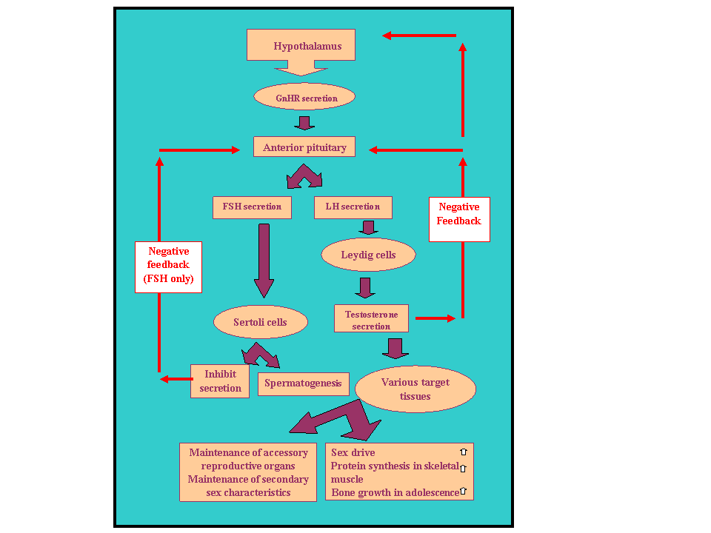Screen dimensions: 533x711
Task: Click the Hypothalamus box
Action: [301, 46]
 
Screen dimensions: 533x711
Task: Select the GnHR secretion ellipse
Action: [304, 98]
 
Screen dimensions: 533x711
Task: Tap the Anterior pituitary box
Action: [304, 147]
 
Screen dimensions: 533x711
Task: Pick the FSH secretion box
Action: [252, 207]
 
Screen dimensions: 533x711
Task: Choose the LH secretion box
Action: [353, 207]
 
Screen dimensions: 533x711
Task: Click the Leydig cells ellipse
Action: [368, 255]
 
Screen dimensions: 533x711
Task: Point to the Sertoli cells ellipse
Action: [260, 322]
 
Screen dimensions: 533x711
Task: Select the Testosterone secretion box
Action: [371, 321]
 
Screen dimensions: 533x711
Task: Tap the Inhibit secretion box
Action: [220, 381]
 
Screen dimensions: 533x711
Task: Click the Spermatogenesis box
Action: [303, 383]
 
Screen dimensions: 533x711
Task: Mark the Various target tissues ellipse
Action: [415, 389]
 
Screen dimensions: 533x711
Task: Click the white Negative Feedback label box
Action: [459, 219]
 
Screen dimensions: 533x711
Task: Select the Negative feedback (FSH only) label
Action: [168, 266]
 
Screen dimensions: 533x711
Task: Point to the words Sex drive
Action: [353, 452]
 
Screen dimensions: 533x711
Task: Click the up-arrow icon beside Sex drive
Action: [464, 452]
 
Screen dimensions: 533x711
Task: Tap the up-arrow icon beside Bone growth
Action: [464, 491]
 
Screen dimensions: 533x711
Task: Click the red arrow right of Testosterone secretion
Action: [435, 318]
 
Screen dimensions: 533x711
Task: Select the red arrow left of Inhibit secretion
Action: [176, 379]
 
